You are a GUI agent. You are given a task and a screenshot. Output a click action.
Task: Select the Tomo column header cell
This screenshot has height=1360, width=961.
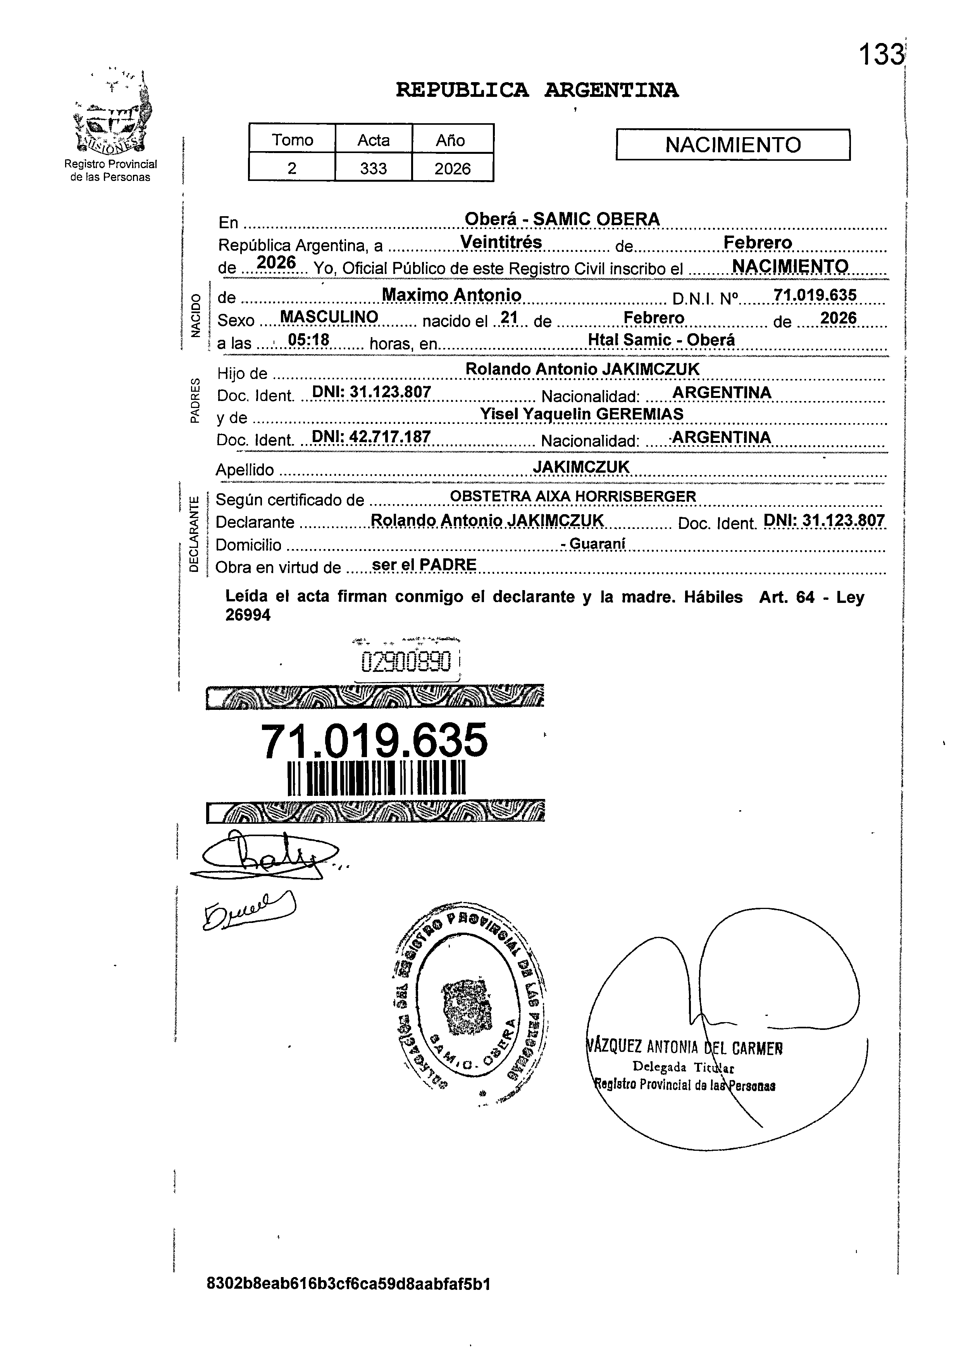292,140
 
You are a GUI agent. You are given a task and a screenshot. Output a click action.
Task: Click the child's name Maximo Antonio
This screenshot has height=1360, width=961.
451,295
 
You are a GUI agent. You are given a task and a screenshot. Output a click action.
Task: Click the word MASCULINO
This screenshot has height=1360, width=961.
329,317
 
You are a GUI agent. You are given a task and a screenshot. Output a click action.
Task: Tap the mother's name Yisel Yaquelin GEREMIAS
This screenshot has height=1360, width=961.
581,414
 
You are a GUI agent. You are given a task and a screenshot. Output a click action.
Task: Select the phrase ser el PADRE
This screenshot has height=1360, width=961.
424,565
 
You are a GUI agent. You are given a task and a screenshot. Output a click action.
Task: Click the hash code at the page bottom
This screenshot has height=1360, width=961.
348,1284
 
